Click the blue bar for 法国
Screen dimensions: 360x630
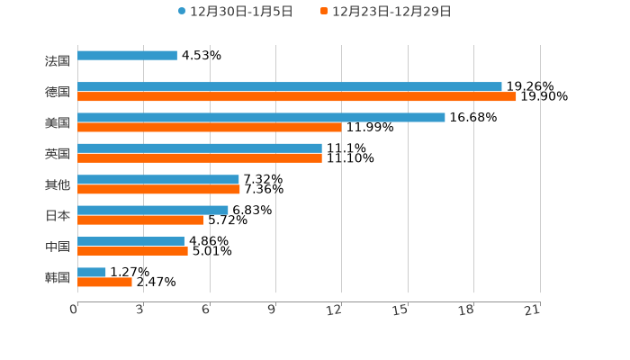click(127, 56)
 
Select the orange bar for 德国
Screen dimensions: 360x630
click(297, 96)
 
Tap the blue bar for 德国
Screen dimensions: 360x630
click(290, 86)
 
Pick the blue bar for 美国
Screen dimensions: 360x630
click(261, 117)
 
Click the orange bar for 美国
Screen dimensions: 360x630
click(210, 127)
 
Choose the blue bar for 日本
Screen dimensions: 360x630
click(153, 210)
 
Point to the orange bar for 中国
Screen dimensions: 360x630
click(132, 251)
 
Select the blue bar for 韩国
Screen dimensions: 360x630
click(92, 272)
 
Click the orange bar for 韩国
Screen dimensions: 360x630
click(104, 282)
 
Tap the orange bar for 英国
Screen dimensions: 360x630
click(200, 157)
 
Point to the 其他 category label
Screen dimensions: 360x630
click(58, 184)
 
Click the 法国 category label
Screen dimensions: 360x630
click(58, 61)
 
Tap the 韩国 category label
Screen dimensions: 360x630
click(58, 277)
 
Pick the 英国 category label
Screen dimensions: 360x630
click(58, 154)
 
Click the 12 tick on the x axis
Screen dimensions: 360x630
click(335, 310)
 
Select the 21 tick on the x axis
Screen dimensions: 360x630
click(533, 310)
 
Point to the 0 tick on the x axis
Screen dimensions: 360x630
click(75, 310)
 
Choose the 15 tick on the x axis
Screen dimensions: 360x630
click(400, 310)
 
